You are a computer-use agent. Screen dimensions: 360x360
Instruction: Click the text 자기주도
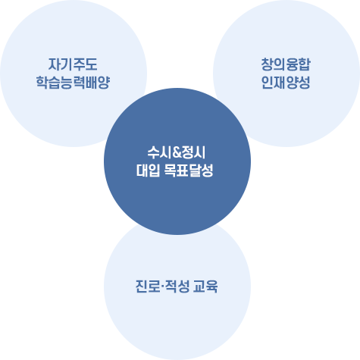tap(73, 64)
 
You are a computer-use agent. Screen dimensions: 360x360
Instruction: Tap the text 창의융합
tap(285, 64)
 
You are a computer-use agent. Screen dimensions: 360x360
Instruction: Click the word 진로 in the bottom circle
tap(140, 288)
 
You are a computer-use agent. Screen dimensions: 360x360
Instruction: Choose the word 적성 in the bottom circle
tap(174, 288)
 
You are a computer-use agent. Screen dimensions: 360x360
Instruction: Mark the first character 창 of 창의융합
tap(266, 64)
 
